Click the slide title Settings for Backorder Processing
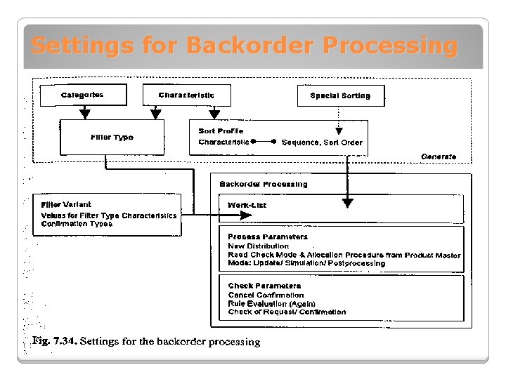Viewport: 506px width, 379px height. (x=244, y=46)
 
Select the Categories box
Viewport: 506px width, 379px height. (x=82, y=95)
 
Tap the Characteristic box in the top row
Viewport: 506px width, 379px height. (x=186, y=95)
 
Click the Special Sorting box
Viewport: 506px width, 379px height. (x=340, y=95)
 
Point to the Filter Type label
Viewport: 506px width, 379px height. (x=112, y=138)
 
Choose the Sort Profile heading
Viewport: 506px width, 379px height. (x=221, y=131)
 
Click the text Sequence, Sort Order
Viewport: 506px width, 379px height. (x=322, y=142)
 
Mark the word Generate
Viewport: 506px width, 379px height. (x=439, y=157)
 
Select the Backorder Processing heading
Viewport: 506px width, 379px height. (x=263, y=184)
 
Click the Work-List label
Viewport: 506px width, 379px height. (x=247, y=205)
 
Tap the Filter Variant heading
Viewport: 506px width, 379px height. (x=66, y=204)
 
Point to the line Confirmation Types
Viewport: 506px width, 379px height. (x=77, y=224)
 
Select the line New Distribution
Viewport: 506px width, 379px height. (x=258, y=246)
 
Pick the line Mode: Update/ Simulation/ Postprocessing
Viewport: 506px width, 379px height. (x=306, y=264)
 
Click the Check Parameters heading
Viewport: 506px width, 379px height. (x=264, y=286)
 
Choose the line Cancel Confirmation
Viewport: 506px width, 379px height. (x=266, y=295)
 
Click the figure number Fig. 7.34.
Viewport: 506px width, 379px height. (x=53, y=342)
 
